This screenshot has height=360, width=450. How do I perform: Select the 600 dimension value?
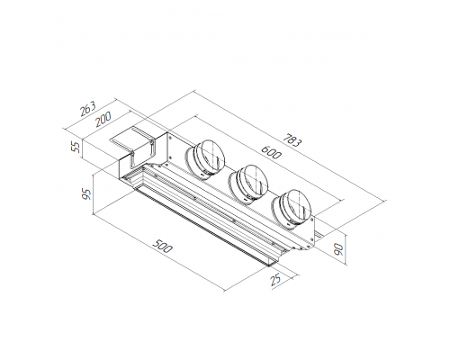tap(271, 152)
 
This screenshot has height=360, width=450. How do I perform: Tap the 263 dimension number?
tap(88, 109)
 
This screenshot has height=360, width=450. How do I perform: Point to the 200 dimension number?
tap(103, 119)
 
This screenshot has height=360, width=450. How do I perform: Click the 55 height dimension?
tap(77, 147)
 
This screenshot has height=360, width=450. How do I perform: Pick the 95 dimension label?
tap(87, 194)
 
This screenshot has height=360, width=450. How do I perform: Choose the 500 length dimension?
tap(162, 246)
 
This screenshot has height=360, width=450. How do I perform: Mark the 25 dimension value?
tap(275, 280)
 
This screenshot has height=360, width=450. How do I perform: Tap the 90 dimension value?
tap(338, 249)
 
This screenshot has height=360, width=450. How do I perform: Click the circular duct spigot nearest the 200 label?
tap(205, 159)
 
